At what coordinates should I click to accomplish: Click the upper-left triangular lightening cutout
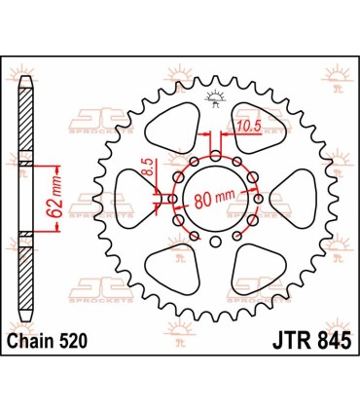(x=170, y=132)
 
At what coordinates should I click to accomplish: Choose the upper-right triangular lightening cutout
(x=252, y=131)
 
